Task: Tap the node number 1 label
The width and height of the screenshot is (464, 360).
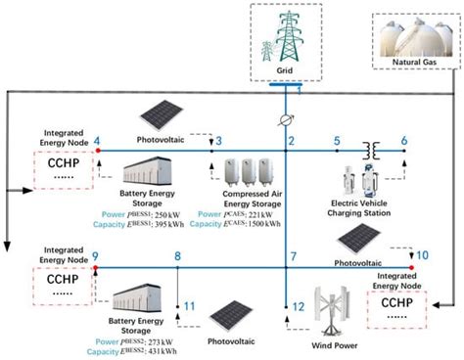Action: tap(300, 91)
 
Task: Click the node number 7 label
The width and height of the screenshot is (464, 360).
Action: tap(292, 256)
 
